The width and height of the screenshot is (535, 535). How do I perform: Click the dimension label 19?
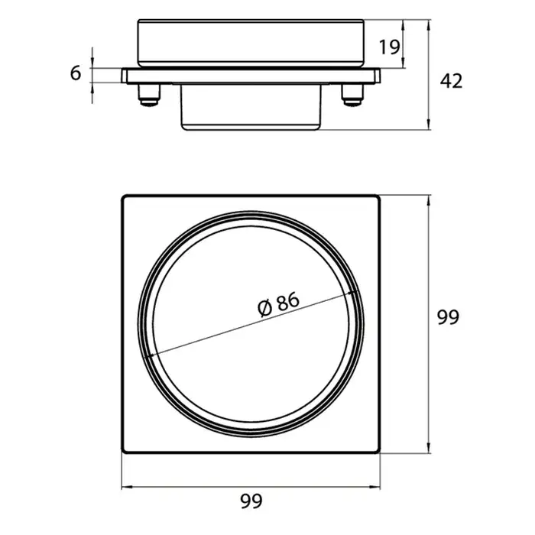coord(389,47)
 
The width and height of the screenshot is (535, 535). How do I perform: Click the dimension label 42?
coord(451,81)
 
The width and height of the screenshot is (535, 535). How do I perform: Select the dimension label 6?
coord(76,73)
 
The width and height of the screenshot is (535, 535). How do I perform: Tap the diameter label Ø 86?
coord(278,304)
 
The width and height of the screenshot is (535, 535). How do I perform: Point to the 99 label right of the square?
coord(449,318)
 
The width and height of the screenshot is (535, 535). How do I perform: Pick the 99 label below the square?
coord(251,501)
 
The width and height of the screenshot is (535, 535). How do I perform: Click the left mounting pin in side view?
coord(149,95)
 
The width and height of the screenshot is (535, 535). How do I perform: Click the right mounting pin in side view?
coord(353,95)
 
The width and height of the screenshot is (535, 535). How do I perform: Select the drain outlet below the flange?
coord(251,107)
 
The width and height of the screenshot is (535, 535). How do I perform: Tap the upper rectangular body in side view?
coord(251,43)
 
